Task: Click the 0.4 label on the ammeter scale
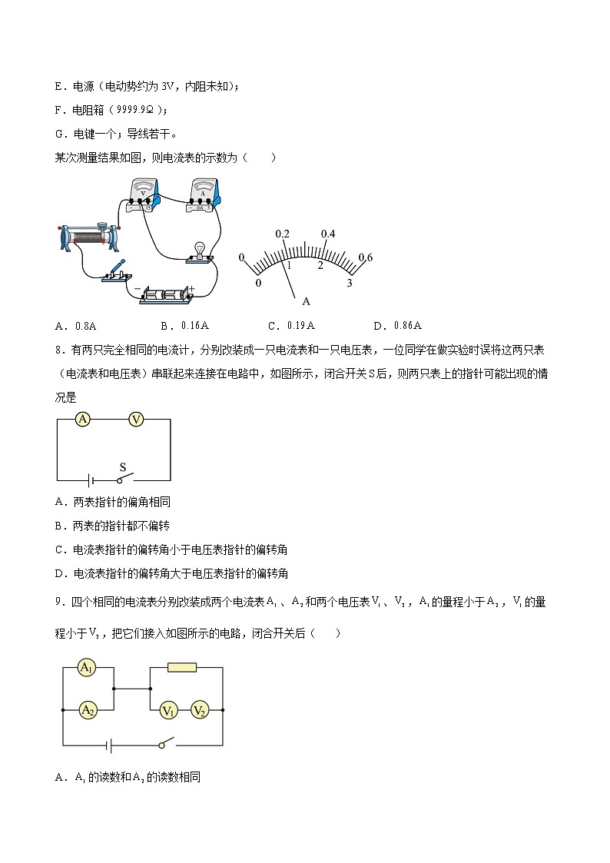(x=328, y=234)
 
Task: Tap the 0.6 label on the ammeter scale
(x=365, y=257)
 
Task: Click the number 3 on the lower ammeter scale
(x=350, y=284)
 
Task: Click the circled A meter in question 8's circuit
(x=83, y=419)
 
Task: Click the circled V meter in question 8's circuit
(x=136, y=419)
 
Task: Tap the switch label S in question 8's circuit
(x=122, y=466)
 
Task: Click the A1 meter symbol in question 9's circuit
(x=88, y=669)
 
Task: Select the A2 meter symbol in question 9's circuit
(x=88, y=710)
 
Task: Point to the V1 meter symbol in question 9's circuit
(x=168, y=711)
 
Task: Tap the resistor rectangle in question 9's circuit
(x=182, y=668)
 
